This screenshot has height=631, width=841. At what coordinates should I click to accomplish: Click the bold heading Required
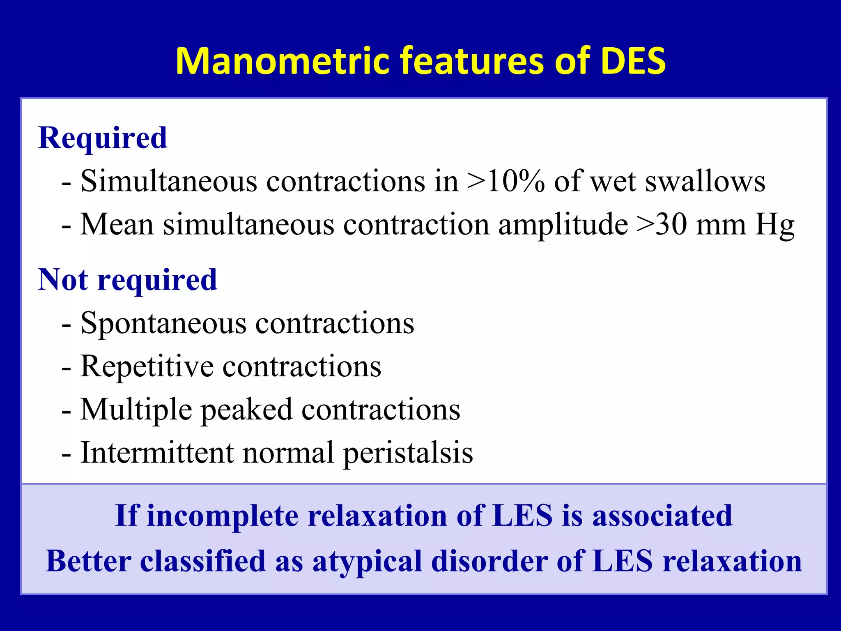(x=103, y=138)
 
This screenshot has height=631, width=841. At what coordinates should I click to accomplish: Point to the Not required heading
(x=127, y=280)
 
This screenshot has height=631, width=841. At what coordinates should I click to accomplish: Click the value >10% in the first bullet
(x=506, y=181)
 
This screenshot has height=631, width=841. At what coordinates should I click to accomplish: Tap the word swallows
(x=705, y=181)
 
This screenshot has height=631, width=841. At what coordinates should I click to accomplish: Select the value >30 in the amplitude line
(x=662, y=225)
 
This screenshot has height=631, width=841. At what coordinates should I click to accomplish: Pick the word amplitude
(x=563, y=226)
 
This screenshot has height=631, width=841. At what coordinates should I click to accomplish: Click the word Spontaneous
(x=163, y=324)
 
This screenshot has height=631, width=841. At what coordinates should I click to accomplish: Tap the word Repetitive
(x=147, y=366)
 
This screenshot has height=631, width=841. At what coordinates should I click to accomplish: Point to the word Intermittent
(x=157, y=453)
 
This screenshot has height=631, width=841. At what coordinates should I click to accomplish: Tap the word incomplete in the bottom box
(x=223, y=516)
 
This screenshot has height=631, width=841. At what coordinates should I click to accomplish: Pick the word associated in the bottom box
(x=662, y=516)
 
